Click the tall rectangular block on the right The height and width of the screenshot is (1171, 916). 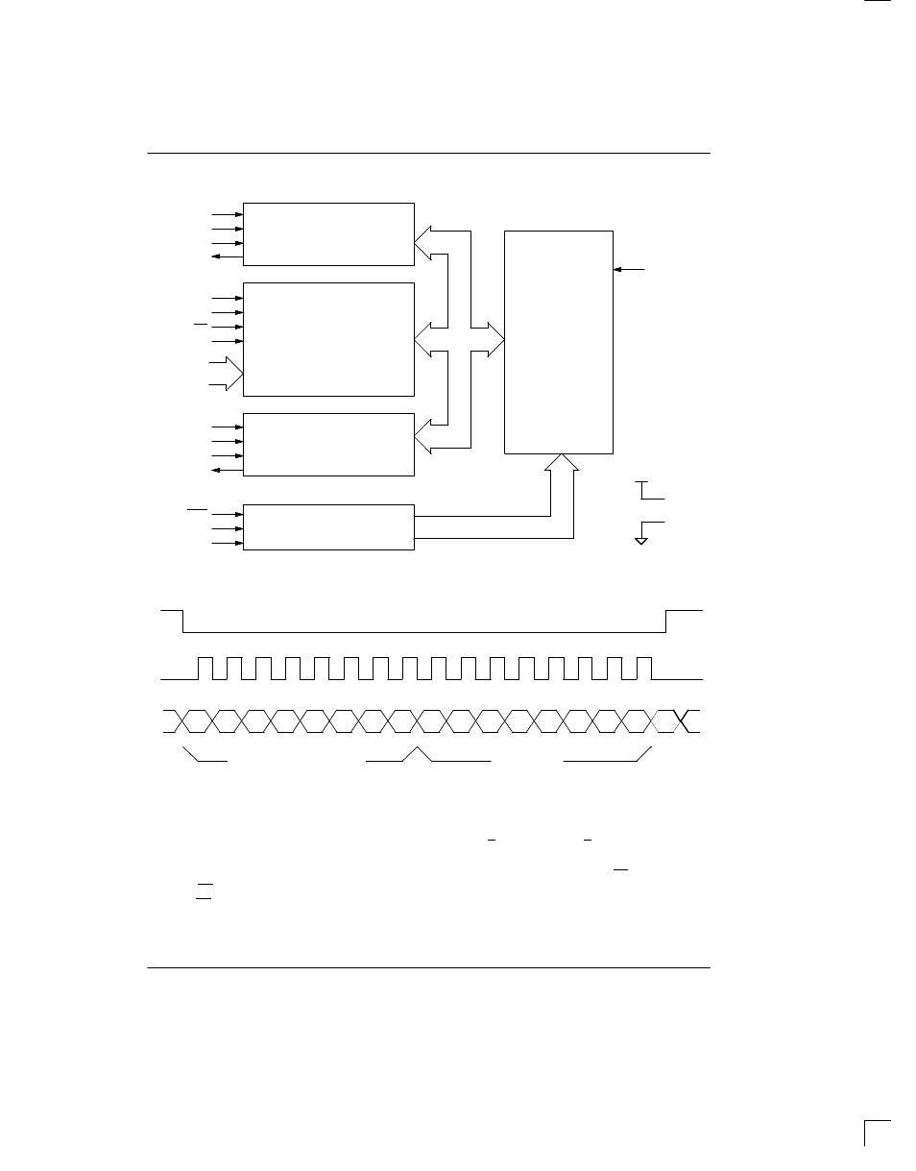pos(558,341)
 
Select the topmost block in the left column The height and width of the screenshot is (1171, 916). pos(328,233)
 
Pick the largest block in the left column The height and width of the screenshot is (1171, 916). pos(328,338)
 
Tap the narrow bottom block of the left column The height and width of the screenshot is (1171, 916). pos(328,526)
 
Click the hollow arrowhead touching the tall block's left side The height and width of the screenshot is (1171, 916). pos(494,338)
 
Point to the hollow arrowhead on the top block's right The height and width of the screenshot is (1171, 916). pos(423,244)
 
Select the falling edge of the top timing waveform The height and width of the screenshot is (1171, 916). pos(182,621)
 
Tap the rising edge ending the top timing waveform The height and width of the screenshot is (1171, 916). pos(666,621)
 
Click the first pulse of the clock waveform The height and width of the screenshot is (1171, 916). pos(205,668)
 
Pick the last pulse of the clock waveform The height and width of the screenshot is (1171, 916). pos(644,668)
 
